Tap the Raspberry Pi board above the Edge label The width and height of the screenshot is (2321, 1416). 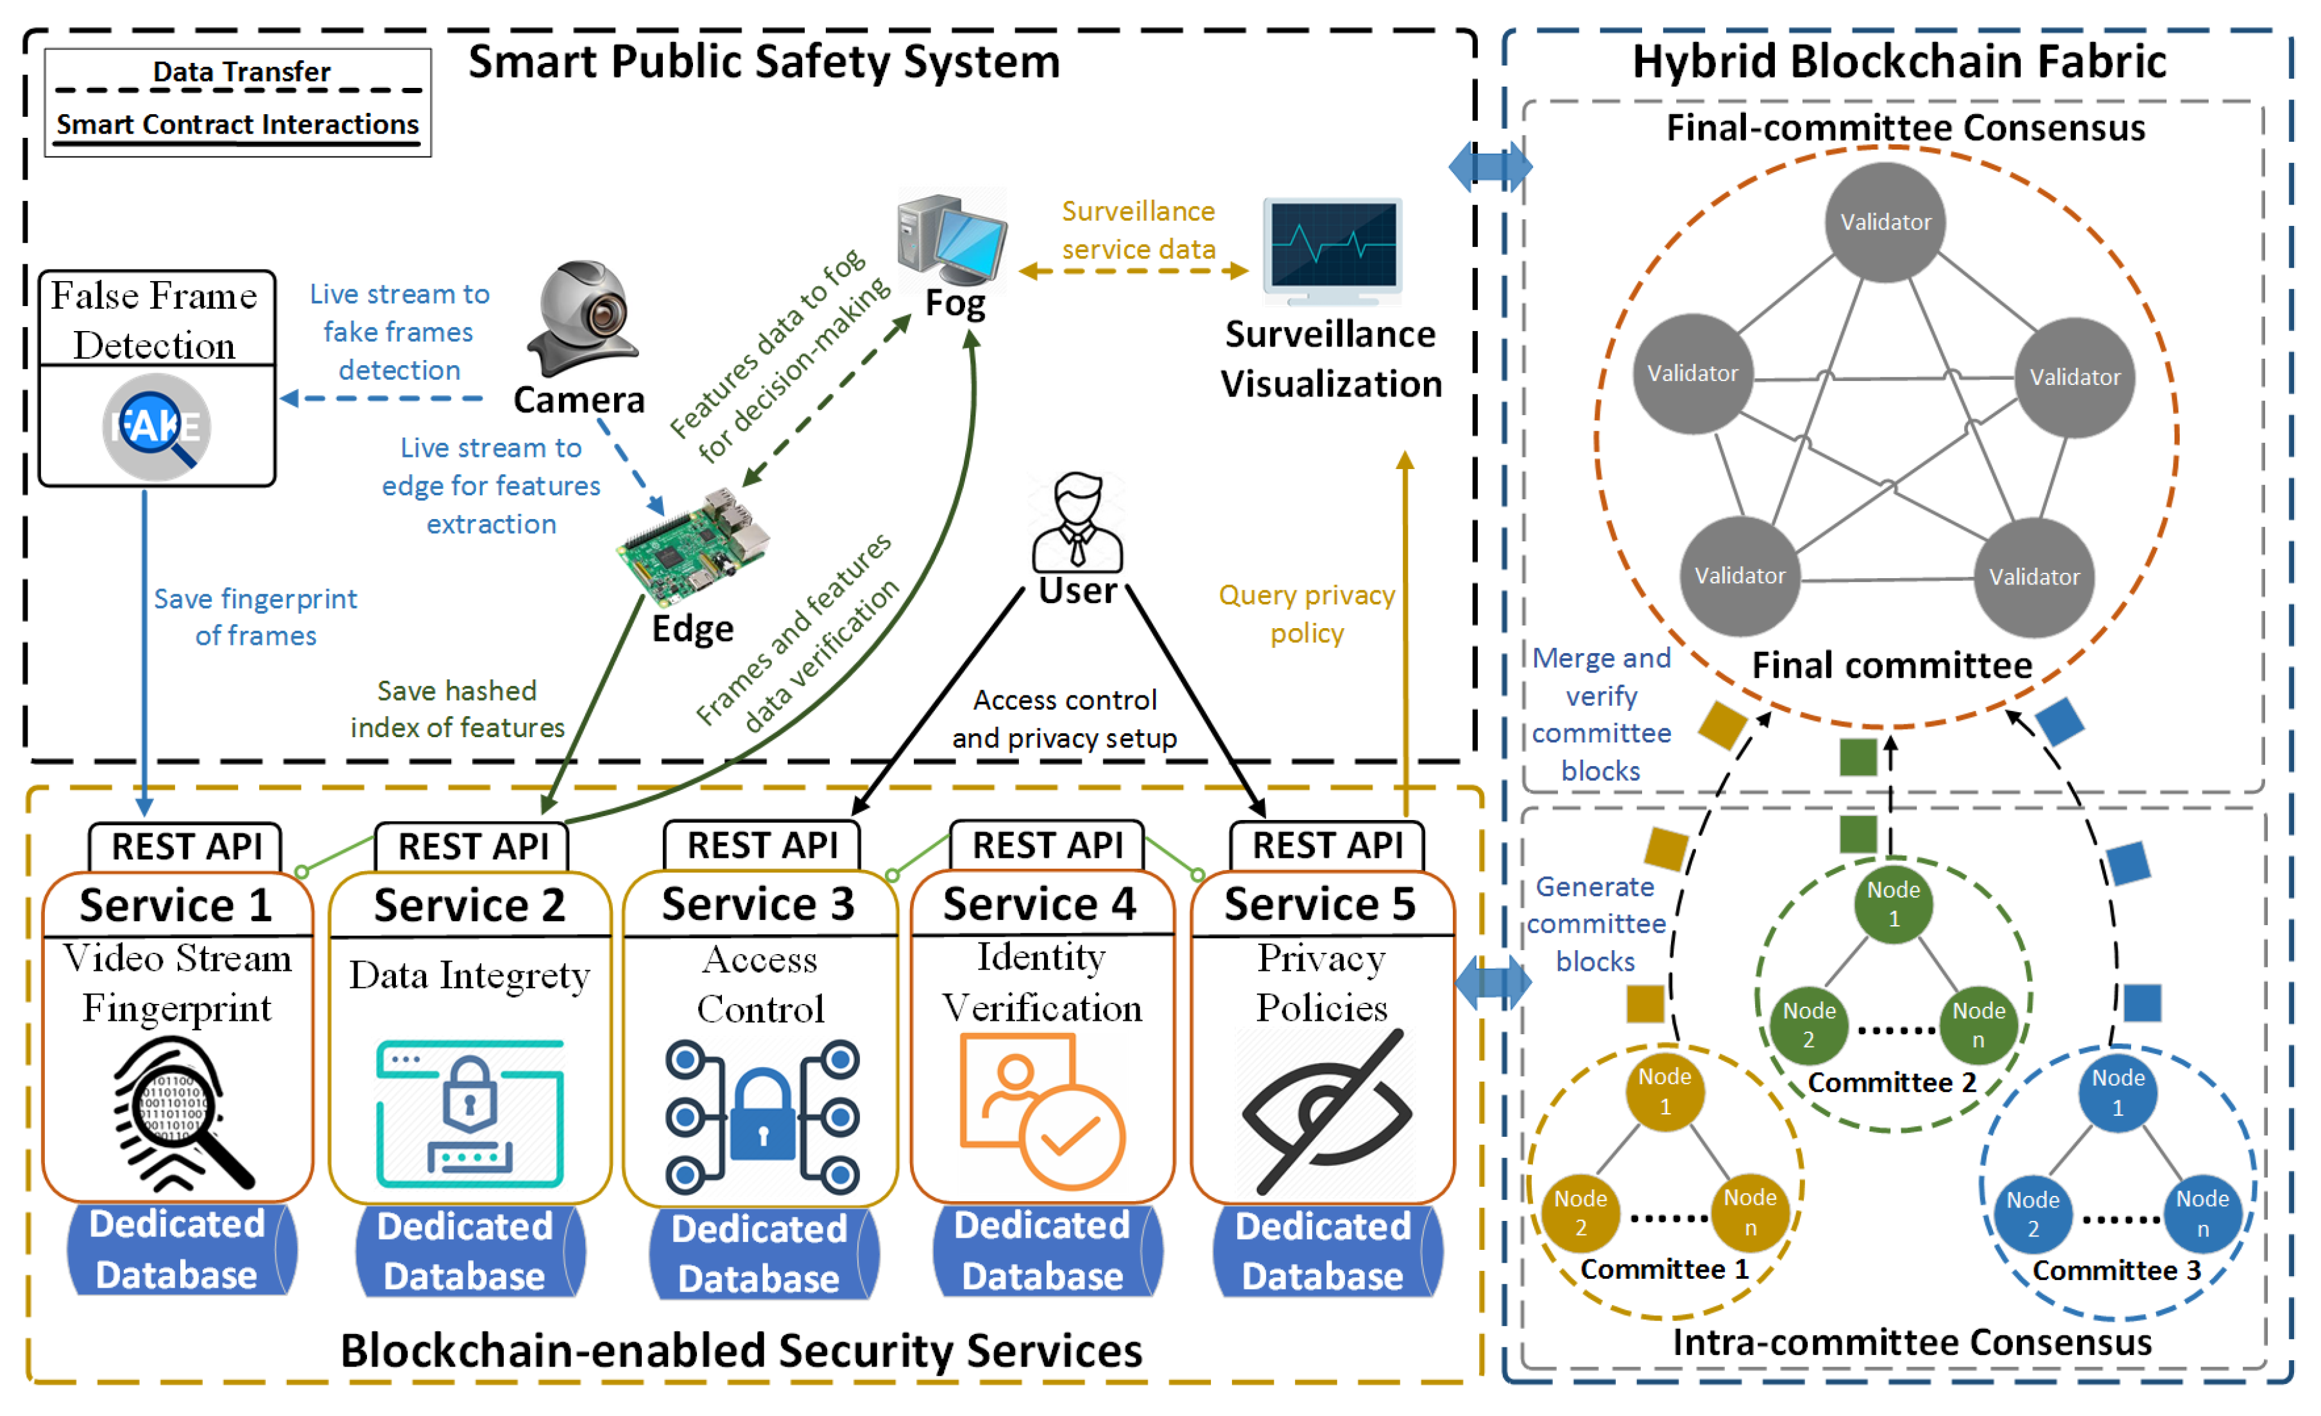[694, 547]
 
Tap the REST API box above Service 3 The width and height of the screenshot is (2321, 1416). [762, 845]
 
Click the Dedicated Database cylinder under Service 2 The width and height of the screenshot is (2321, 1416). [467, 1251]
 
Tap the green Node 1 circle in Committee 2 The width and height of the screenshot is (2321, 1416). [1894, 903]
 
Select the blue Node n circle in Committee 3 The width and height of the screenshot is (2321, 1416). [2202, 1213]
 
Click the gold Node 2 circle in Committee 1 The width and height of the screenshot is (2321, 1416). [1580, 1213]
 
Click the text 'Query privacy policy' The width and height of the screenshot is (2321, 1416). [1306, 614]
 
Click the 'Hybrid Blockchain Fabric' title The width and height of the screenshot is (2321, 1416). [1898, 62]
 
